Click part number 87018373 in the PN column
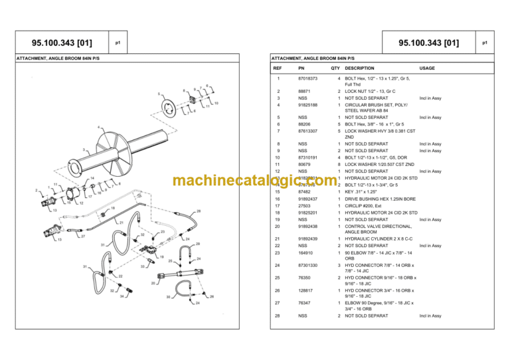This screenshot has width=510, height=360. [308, 78]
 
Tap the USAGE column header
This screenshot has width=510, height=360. [427, 68]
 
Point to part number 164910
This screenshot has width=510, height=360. [304, 252]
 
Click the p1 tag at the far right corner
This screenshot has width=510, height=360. [486, 43]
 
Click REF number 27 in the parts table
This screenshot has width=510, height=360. [278, 302]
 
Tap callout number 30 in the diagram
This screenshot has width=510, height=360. [169, 298]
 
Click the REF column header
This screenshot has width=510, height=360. [278, 68]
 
